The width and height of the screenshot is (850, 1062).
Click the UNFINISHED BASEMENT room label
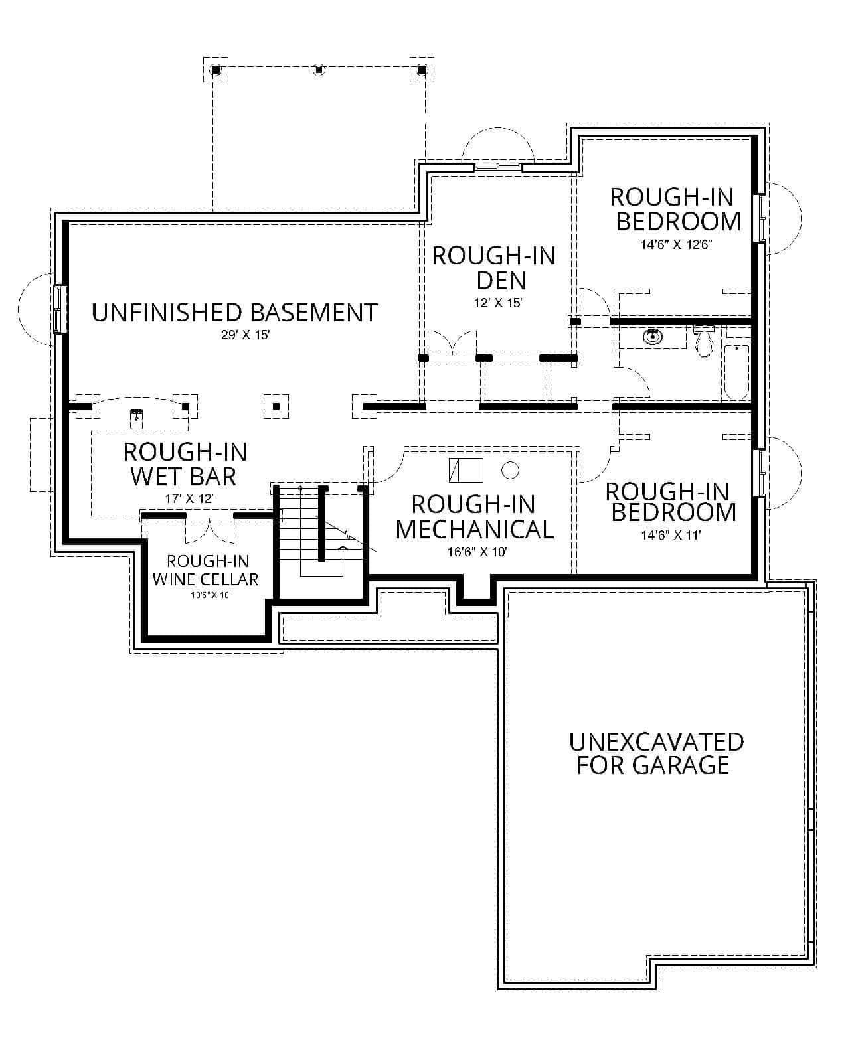[x=234, y=312]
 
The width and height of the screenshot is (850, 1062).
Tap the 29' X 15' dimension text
[x=245, y=335]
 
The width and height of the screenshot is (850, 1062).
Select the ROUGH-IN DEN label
[x=494, y=267]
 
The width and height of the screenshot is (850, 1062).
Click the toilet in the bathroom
[x=704, y=342]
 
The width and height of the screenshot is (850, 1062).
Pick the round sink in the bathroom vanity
[x=653, y=337]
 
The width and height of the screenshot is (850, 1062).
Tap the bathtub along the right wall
[x=736, y=372]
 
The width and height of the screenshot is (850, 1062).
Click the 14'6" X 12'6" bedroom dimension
[x=676, y=244]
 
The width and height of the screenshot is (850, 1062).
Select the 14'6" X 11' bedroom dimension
[x=671, y=536]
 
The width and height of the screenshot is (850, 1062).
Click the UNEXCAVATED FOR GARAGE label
[x=656, y=753]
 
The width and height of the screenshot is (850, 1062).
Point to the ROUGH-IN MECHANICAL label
[x=474, y=516]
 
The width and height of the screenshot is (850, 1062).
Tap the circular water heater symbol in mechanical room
[x=510, y=470]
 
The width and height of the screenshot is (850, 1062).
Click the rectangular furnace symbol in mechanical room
[x=466, y=470]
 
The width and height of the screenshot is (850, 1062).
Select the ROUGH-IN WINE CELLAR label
[x=205, y=570]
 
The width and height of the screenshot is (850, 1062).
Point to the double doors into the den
[x=452, y=342]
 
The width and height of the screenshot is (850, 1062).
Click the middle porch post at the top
[x=319, y=68]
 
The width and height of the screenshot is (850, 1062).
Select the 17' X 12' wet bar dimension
[x=189, y=498]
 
